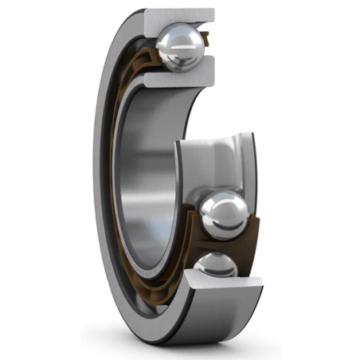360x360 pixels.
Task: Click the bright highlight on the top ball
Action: pyautogui.click(x=171, y=40)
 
